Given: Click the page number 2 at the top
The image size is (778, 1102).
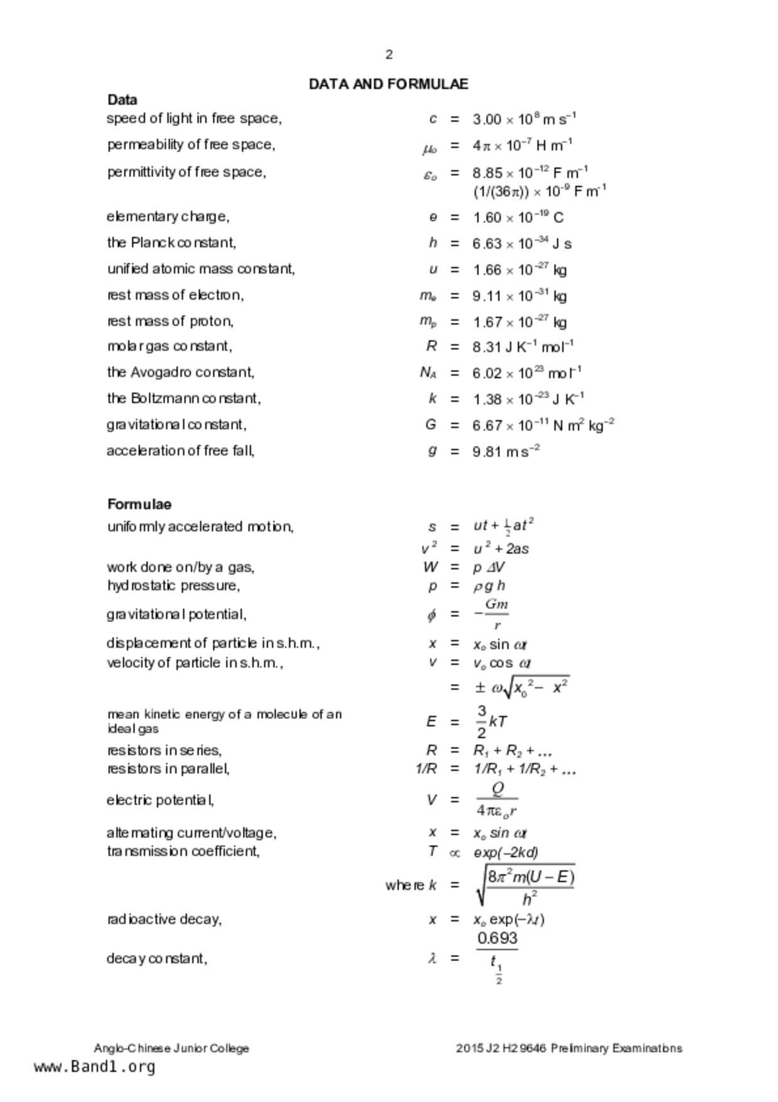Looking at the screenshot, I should coord(389,55).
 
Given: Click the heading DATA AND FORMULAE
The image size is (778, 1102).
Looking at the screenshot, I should coord(388,84).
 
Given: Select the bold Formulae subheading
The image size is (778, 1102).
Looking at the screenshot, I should coord(139,505).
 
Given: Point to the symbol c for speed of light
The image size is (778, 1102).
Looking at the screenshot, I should coord(433,119).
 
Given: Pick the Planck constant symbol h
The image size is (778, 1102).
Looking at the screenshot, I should coord(433,243).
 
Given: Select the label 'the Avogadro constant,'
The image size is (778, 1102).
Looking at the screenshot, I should coord(181,373).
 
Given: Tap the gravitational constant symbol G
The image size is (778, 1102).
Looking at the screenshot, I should coord(431,425).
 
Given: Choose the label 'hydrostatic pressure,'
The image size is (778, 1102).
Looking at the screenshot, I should coord(173,586).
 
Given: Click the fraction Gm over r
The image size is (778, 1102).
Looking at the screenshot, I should coord(496,614).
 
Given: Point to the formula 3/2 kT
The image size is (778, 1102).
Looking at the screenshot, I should coord(491,722).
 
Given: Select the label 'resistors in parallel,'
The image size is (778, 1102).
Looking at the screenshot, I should coord(168,769).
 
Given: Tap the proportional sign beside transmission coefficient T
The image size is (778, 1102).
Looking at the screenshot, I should coord(455,853).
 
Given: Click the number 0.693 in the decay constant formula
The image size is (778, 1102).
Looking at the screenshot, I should coord(497,939).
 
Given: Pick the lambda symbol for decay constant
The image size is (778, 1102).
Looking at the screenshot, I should coord(432,958).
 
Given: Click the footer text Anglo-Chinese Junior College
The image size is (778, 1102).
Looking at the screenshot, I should coord(171,1048).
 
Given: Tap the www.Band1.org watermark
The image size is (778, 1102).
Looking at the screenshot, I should coord(94,1067).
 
